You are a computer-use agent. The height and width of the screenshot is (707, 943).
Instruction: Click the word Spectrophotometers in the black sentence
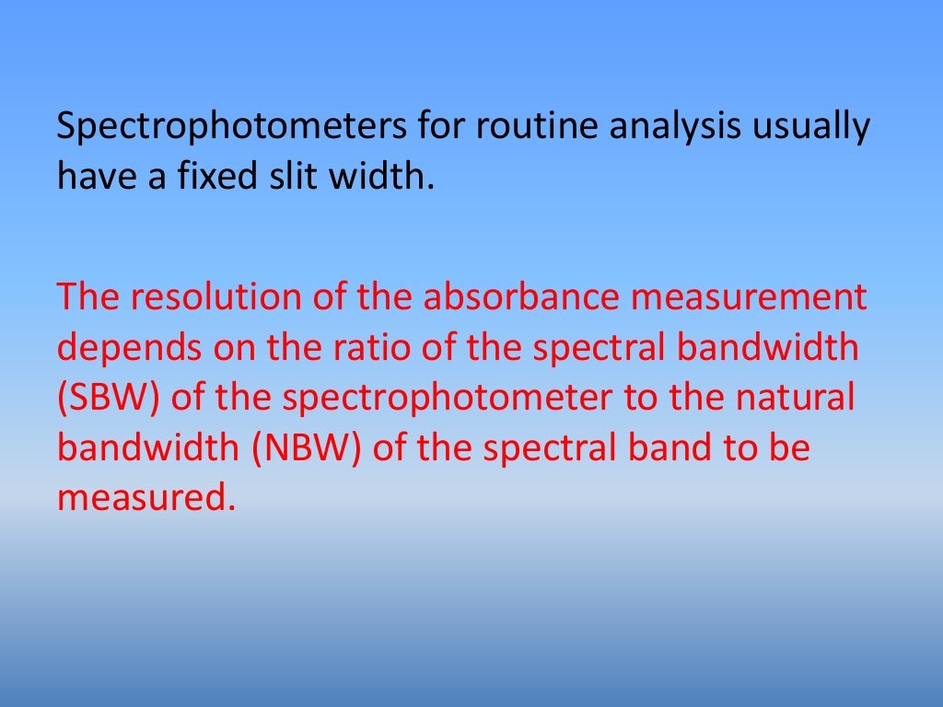coord(230,126)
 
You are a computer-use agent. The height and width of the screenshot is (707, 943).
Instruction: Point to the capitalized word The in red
coord(84,297)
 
